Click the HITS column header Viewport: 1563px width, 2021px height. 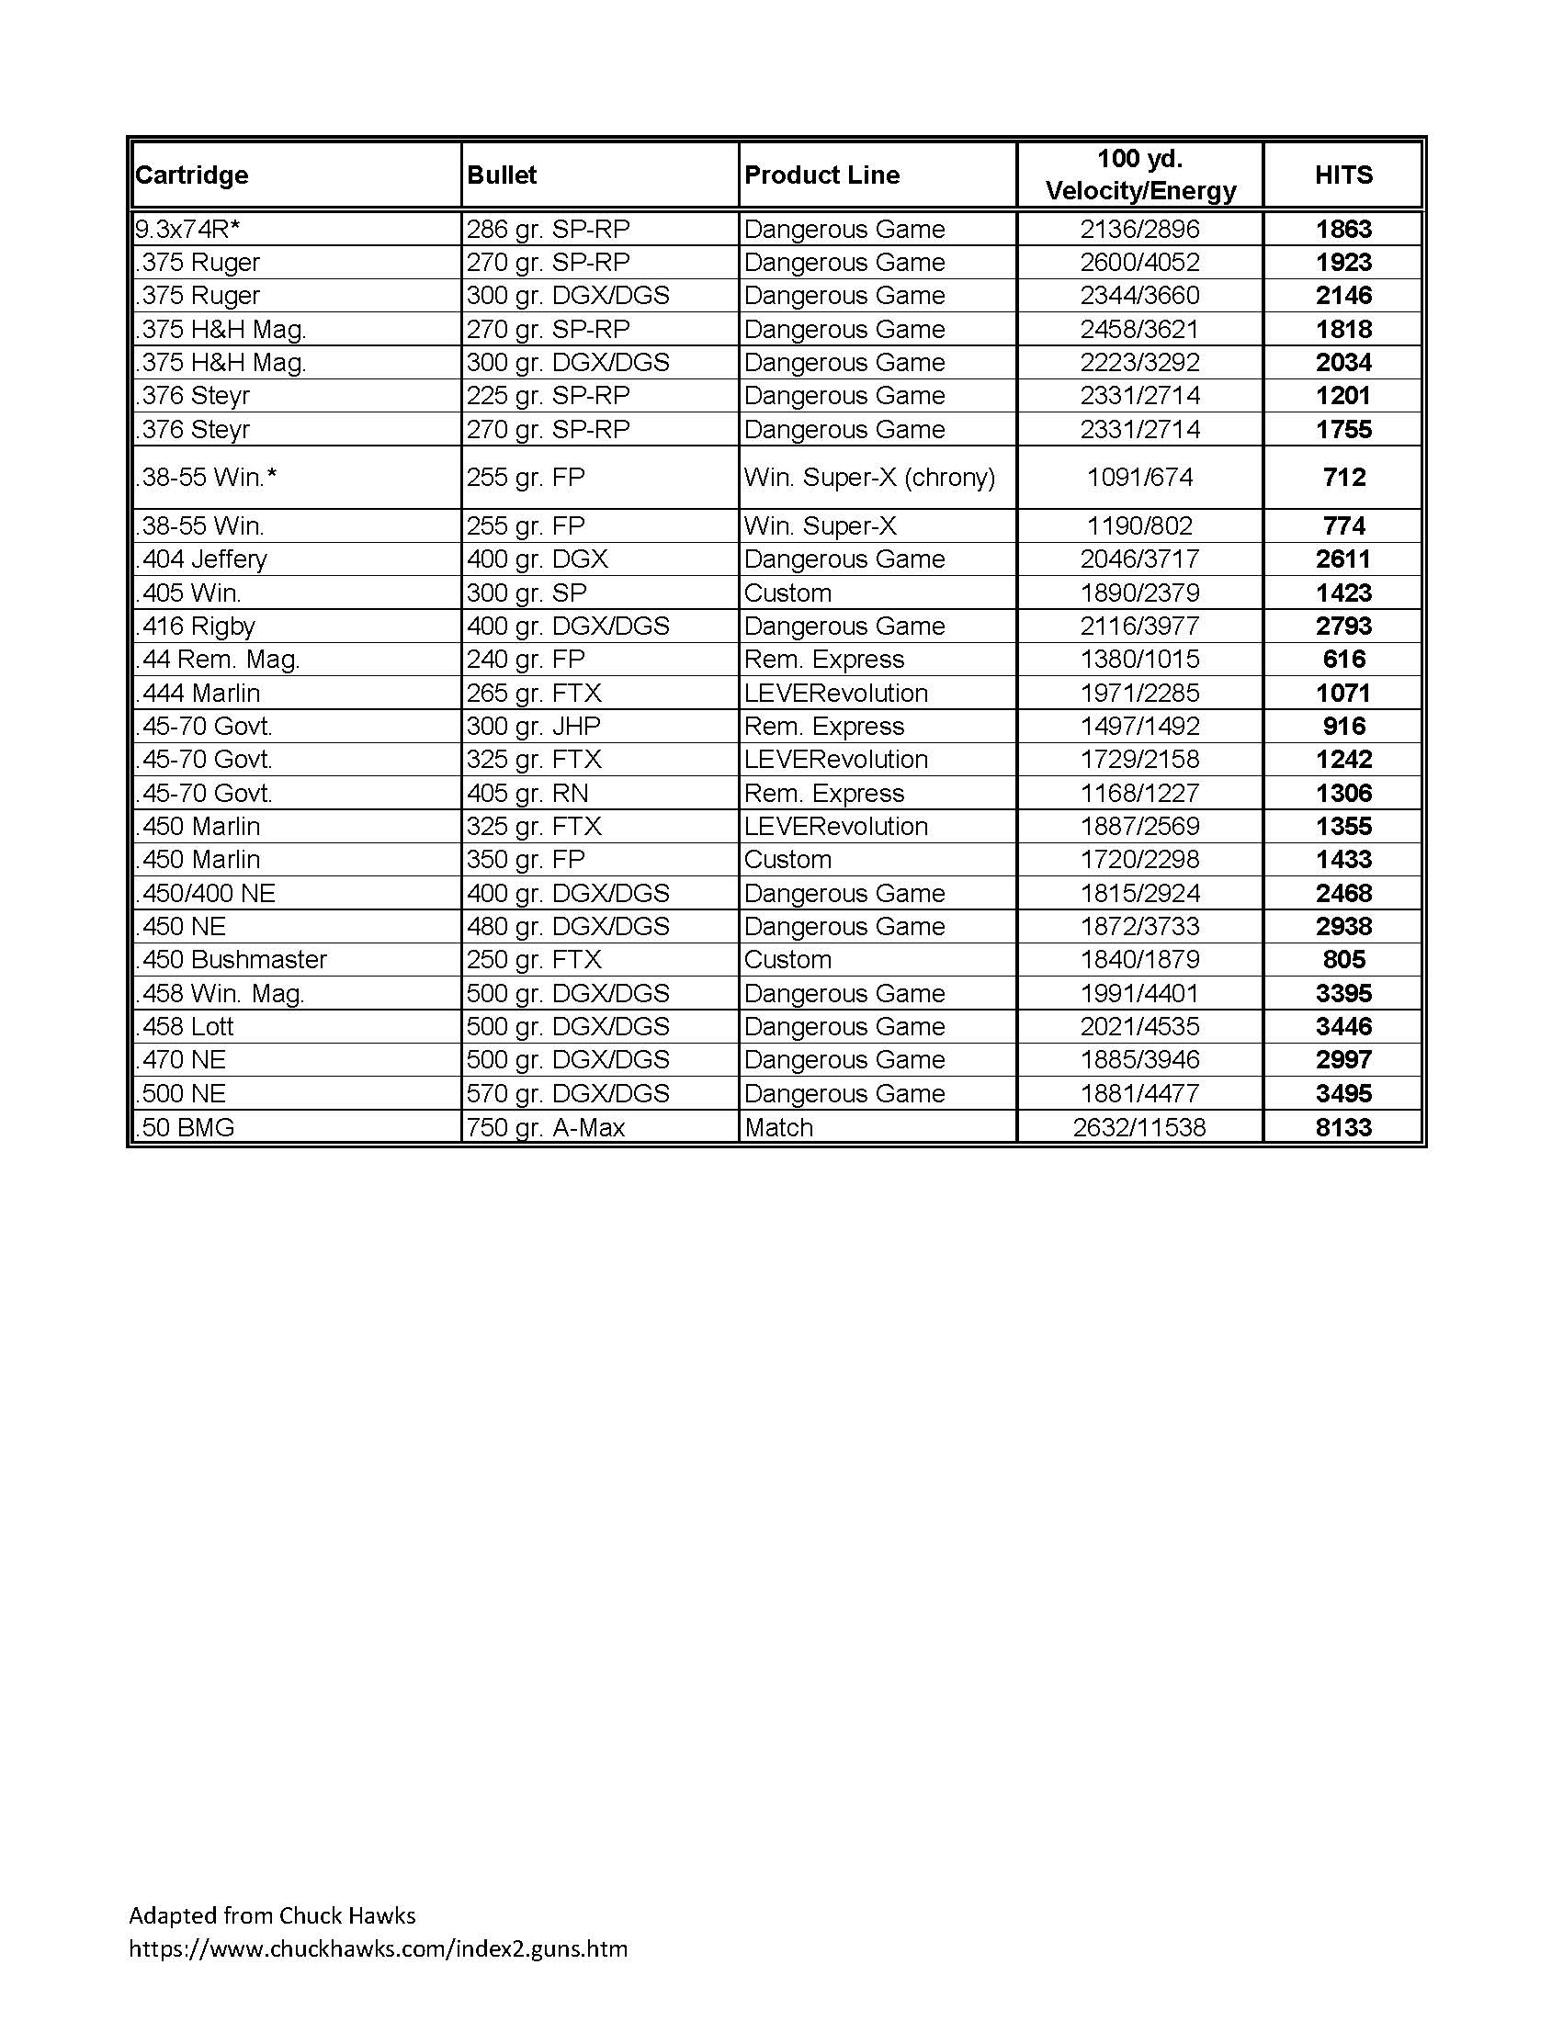(x=1342, y=175)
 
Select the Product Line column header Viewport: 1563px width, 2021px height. (x=821, y=175)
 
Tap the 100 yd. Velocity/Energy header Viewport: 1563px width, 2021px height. (x=1140, y=175)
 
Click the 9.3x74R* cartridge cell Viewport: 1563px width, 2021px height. (x=187, y=229)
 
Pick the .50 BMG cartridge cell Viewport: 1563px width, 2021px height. (x=185, y=1127)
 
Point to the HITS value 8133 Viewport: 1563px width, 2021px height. (x=1342, y=1127)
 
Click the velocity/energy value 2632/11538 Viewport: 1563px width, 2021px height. (x=1140, y=1127)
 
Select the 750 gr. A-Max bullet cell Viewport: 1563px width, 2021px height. (x=546, y=1127)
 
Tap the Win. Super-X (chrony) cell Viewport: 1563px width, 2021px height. (x=870, y=478)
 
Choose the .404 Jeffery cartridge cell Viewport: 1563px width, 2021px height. (x=202, y=559)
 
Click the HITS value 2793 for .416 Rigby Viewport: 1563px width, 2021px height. (x=1342, y=626)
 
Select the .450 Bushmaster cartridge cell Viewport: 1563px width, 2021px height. (x=232, y=960)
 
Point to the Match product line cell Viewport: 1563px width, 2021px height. (x=779, y=1127)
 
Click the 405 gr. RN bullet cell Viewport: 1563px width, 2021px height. (x=527, y=793)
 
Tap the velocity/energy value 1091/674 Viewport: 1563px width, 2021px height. (x=1140, y=478)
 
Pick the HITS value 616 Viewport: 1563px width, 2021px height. (x=1342, y=659)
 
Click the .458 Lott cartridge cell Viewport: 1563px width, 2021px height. (x=185, y=1026)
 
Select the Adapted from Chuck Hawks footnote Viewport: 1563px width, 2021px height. (x=272, y=1914)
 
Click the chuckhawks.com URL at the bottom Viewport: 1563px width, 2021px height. (x=378, y=1948)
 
